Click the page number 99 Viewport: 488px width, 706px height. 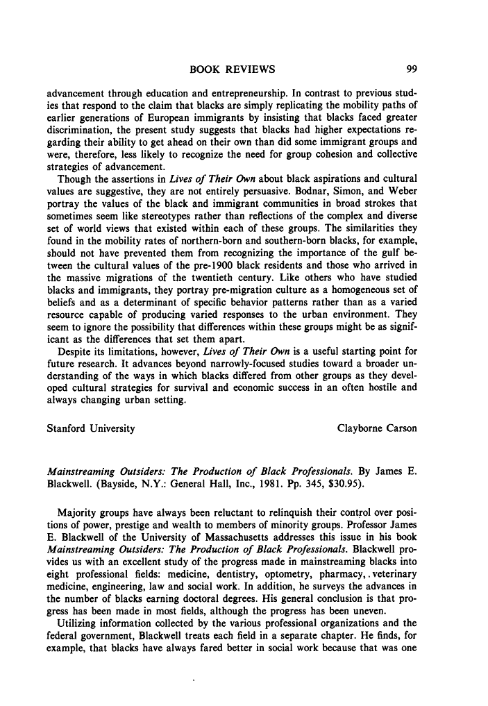click(410, 69)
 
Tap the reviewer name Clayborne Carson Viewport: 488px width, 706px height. click(377, 428)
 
